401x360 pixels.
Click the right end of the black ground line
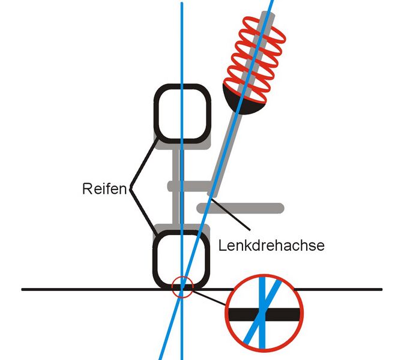click(380, 289)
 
